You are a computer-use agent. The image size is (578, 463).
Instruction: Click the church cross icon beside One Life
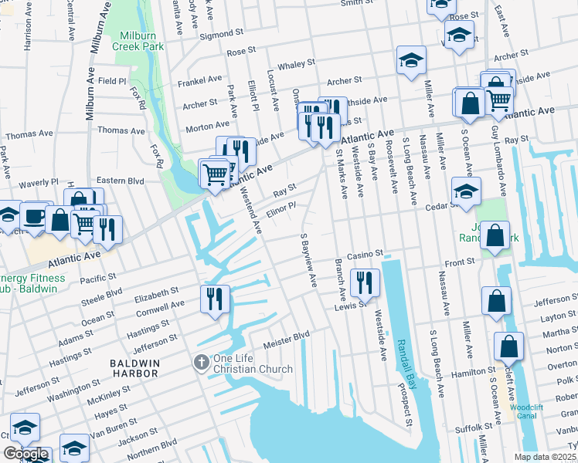201,362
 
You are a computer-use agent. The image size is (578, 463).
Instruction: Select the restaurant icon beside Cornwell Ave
215,299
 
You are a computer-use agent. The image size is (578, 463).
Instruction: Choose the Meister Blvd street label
286,335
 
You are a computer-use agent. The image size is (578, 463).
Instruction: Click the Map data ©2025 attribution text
544,457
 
